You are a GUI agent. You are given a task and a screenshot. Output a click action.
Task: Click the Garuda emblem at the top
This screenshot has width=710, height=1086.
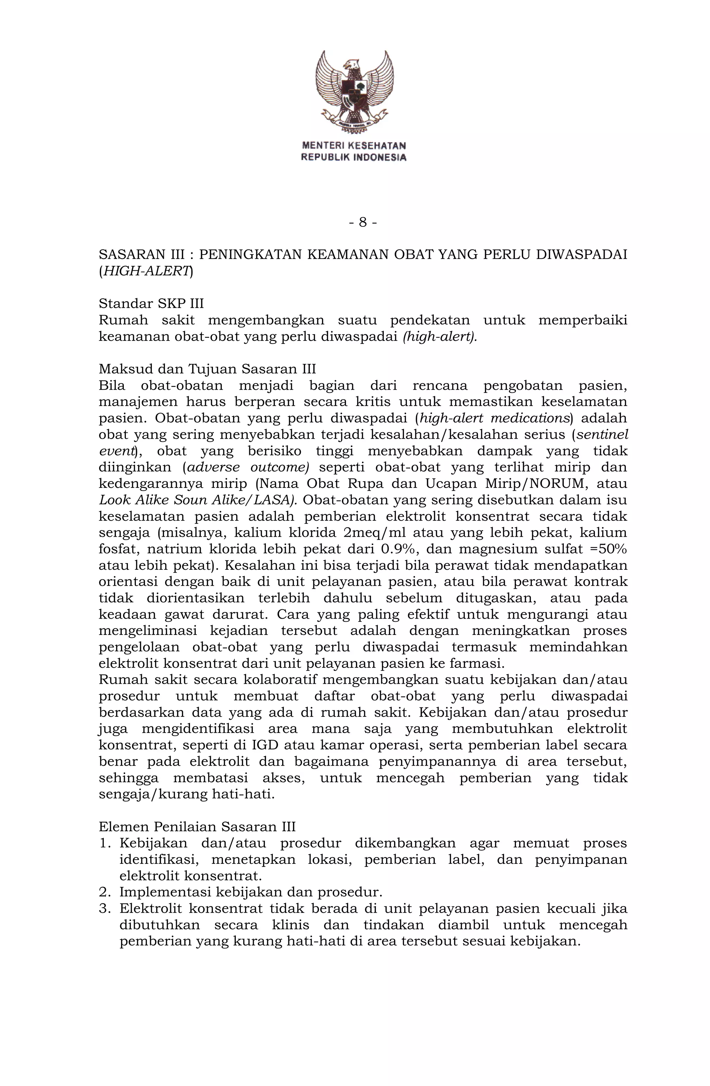tap(354, 91)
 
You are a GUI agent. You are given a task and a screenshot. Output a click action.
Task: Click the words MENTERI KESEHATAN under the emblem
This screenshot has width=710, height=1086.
tap(354, 146)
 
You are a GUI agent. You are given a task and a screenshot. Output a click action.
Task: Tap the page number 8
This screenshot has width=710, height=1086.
tap(363, 222)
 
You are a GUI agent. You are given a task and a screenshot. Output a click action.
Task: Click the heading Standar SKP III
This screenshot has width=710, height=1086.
tap(151, 303)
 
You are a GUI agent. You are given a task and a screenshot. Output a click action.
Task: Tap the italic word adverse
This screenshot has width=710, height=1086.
tap(214, 467)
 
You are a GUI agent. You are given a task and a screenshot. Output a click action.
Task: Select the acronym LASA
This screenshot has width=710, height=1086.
tap(271, 500)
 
